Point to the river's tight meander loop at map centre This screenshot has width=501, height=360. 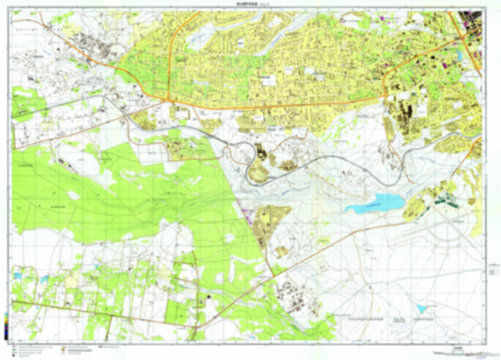[256, 165]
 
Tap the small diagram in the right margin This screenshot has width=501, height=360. [493, 273]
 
